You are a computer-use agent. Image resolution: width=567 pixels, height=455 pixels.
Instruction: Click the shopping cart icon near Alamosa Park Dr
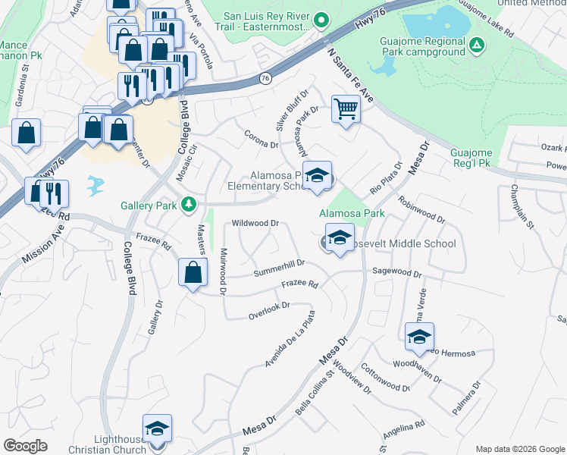click(346, 109)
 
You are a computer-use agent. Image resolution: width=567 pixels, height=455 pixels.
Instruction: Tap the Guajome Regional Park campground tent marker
click(477, 46)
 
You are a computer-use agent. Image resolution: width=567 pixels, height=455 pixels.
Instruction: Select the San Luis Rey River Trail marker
click(321, 20)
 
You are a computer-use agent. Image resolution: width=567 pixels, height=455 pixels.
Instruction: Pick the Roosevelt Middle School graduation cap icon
click(340, 237)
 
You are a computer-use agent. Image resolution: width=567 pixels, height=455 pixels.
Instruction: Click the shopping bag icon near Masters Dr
click(193, 272)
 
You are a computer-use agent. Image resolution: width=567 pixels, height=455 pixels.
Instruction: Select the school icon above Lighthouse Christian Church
click(157, 429)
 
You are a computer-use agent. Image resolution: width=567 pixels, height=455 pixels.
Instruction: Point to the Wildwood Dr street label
click(256, 224)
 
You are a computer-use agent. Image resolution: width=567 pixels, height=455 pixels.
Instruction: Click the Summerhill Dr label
click(279, 268)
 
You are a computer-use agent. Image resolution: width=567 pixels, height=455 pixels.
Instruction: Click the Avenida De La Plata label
click(289, 340)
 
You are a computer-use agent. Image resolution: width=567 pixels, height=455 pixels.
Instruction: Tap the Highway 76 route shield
click(265, 77)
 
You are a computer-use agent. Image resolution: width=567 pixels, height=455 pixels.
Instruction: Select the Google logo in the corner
click(26, 445)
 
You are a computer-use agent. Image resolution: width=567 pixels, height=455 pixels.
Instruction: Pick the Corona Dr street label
click(262, 138)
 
